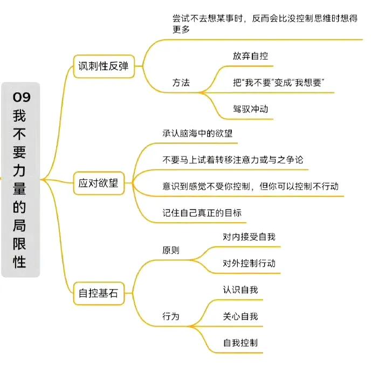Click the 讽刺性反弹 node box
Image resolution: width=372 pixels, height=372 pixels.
click(104, 66)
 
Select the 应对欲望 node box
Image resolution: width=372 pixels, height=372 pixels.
click(99, 183)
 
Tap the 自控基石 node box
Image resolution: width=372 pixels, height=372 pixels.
click(99, 293)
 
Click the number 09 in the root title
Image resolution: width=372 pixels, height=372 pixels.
click(22, 97)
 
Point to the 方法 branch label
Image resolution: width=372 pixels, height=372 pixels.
click(181, 82)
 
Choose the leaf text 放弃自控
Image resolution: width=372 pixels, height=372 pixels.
click(250, 56)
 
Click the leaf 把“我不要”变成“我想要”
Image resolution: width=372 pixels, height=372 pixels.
click(278, 82)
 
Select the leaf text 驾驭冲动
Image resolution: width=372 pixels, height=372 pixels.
click(250, 109)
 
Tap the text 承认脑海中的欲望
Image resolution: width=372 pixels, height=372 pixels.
click(197, 133)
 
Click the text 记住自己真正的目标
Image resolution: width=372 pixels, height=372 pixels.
click(202, 213)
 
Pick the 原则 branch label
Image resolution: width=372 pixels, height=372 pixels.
click(171, 250)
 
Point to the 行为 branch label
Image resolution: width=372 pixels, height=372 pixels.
click(171, 316)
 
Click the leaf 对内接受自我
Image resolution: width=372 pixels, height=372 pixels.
click(249, 237)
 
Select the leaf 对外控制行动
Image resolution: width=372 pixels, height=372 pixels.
click(249, 263)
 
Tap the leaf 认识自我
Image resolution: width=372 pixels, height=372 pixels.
click(240, 290)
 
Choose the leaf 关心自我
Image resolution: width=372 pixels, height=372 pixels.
click(240, 316)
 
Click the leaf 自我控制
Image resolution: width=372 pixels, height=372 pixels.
click(240, 343)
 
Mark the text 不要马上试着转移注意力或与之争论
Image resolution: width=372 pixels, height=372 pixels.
click(233, 160)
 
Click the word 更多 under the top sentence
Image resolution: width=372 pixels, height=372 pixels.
click(181, 30)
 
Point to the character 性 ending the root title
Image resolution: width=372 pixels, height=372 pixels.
click(19, 261)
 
